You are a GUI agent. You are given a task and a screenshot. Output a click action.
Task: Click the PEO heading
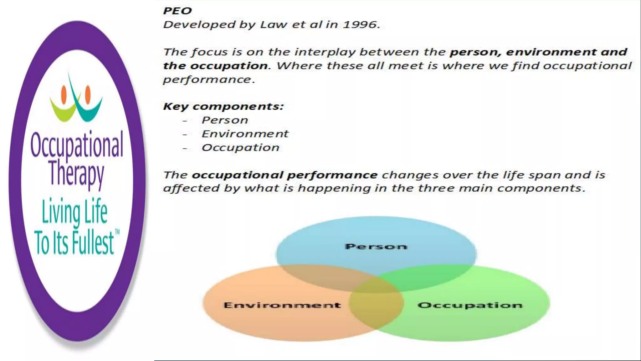coord(177,11)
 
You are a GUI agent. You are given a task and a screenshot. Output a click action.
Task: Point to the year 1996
coord(360,25)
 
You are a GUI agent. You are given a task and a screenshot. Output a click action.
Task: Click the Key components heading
coord(223,107)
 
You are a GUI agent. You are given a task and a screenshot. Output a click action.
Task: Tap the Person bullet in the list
coord(225,120)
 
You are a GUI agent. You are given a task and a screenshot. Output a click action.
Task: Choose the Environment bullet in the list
coord(245,134)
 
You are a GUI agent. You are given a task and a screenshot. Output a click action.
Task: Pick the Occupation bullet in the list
coord(240,148)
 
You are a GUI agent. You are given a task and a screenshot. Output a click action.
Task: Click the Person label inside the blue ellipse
coord(376,247)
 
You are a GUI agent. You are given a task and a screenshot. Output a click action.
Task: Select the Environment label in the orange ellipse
coord(282,305)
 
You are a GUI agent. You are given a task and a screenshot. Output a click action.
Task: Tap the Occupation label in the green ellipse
coord(470,305)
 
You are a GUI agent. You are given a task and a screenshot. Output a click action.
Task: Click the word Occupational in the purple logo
coord(77,145)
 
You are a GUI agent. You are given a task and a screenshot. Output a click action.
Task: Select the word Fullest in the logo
coord(93,243)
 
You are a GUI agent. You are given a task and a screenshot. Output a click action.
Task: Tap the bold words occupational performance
coord(285,175)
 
